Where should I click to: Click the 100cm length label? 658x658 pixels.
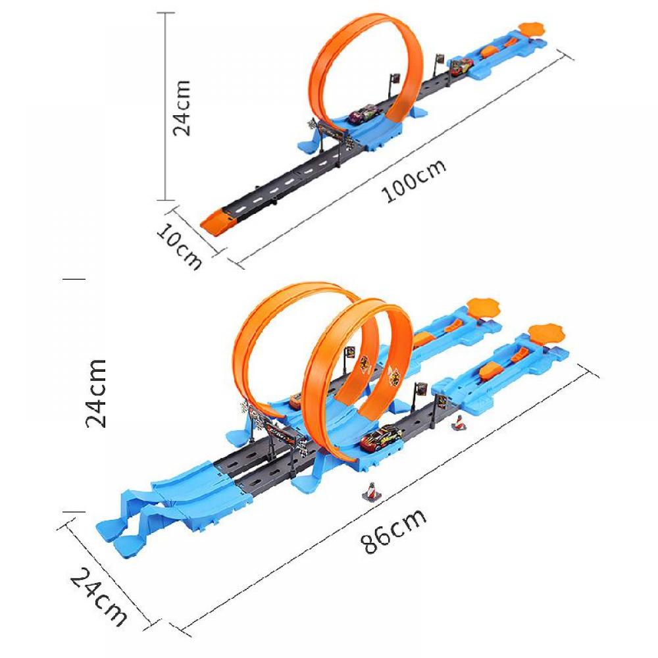coord(413,181)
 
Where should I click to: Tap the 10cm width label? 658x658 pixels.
coord(179,246)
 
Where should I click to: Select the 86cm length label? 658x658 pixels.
coord(393,531)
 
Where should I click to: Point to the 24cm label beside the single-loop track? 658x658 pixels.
coord(182,108)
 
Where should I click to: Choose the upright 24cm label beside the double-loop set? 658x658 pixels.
coord(96,393)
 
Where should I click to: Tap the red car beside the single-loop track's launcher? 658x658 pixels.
coord(462,66)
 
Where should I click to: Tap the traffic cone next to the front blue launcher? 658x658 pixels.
coord(459,422)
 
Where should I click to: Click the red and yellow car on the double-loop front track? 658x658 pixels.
coord(380,439)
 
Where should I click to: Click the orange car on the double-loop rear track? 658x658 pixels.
coord(295,400)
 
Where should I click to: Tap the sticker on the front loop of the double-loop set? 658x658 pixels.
coord(394,375)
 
